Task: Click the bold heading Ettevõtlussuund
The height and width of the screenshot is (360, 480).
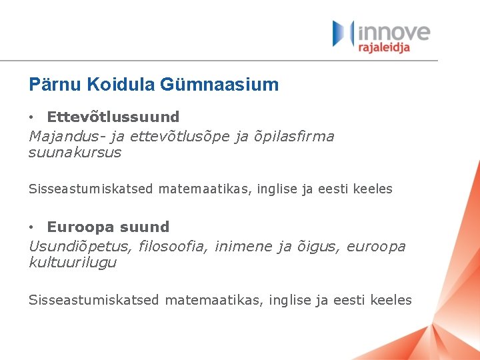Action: (113, 117)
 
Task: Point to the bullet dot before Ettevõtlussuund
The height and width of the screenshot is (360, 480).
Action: (32, 118)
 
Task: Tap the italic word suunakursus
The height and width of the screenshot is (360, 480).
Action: (75, 152)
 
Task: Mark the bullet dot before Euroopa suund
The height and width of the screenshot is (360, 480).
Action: (32, 227)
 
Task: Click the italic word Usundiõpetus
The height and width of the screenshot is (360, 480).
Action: (81, 246)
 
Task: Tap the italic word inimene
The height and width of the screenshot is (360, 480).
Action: (243, 246)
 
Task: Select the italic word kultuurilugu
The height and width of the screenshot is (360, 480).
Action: (72, 262)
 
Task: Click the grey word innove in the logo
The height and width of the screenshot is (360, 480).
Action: (395, 31)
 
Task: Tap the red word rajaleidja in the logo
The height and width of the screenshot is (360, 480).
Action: (384, 47)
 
